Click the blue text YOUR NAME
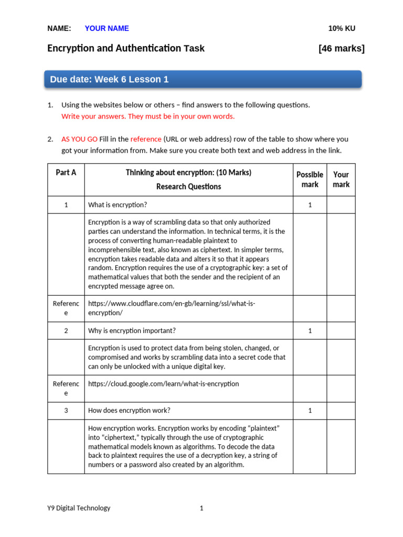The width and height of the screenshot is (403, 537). point(107,28)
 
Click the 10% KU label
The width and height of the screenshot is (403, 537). point(342,28)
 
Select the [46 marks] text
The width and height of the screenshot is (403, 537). point(341,49)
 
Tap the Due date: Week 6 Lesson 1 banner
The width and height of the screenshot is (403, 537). point(203,79)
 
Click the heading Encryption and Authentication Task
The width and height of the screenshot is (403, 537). point(126,49)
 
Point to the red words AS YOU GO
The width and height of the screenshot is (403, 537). point(79,139)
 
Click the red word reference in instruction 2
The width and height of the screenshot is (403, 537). point(146,139)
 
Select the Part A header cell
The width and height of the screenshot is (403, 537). point(66,173)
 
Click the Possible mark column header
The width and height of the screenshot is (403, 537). point(310,179)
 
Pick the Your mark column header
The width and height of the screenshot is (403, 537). point(341,179)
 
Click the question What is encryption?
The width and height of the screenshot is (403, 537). point(121,205)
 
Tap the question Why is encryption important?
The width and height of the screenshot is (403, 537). point(132,330)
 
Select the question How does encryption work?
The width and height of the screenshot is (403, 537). point(129,411)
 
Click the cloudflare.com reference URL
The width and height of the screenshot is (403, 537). point(172,308)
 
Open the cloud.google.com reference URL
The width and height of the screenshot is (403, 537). point(163,384)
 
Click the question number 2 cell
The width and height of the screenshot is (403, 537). point(66,330)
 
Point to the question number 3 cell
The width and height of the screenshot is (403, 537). point(66,411)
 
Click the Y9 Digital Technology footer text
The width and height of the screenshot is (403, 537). point(79,508)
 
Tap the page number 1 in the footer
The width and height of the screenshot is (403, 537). point(201,508)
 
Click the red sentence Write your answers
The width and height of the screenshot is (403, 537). point(148,116)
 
